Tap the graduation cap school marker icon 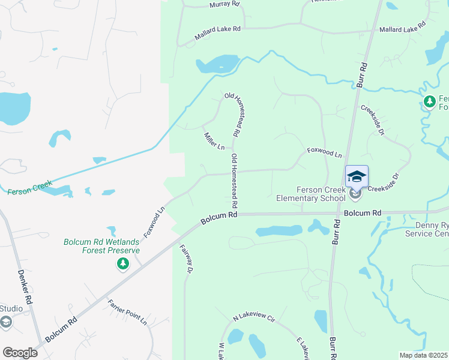pos(356,177)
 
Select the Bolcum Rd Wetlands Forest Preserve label pos(102,247)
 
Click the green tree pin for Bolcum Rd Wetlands pos(123,263)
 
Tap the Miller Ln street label pos(214,141)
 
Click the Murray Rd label pos(224,5)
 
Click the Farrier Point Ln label pos(127,311)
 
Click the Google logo pos(20,353)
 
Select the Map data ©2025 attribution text pos(423,355)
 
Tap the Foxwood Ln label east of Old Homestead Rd pos(324,153)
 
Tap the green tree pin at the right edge pos(429,102)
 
